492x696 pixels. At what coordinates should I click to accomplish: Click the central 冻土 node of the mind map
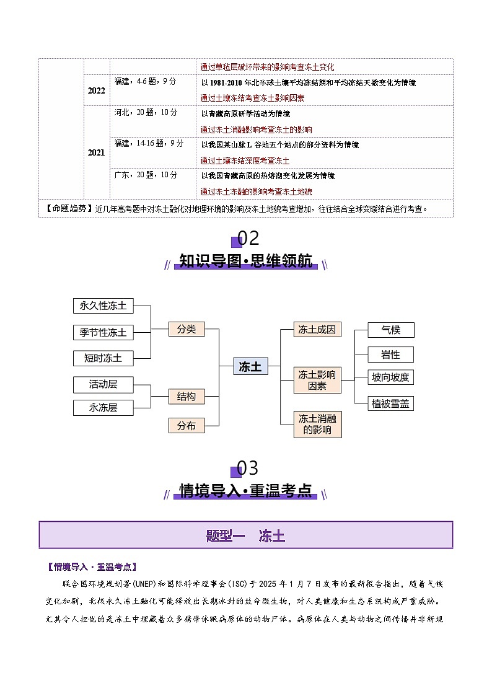tap(250, 366)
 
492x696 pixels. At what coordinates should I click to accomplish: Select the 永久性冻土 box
tap(103, 306)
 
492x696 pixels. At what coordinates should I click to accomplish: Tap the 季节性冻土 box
tap(103, 332)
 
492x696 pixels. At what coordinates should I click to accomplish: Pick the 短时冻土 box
tap(103, 358)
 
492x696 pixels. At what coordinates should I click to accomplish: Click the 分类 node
tap(187, 329)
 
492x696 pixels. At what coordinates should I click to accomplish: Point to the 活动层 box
tap(103, 384)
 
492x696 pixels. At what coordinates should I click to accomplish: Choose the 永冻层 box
tap(103, 407)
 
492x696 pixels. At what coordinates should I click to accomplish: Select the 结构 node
tap(187, 396)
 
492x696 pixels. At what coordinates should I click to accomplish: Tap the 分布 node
tap(187, 425)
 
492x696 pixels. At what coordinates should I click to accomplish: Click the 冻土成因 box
tap(317, 329)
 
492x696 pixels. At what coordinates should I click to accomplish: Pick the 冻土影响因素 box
tap(317, 380)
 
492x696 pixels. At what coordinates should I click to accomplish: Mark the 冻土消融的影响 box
tap(317, 424)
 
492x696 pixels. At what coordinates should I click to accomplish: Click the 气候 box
tap(391, 330)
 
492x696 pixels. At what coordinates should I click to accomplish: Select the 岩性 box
tap(391, 355)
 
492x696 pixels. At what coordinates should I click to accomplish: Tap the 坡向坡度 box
tap(391, 377)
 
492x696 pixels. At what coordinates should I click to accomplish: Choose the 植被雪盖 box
tap(391, 403)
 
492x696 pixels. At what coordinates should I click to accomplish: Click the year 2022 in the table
tap(96, 90)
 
